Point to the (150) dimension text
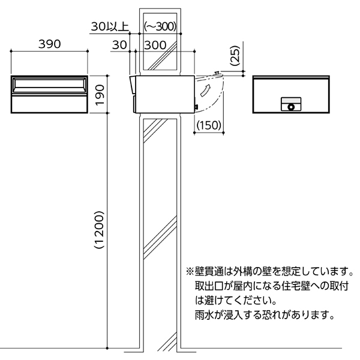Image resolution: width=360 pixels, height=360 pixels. click(209, 125)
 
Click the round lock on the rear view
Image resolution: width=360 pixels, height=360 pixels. click(291, 107)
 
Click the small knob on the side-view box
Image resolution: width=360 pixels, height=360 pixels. click(195, 107)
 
